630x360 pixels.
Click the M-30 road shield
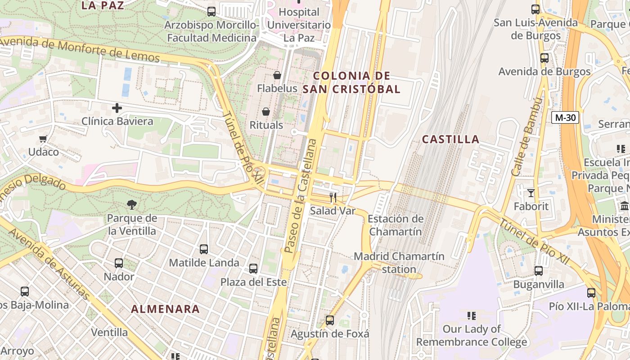[565, 117]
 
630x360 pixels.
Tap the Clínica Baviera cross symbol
[117, 108]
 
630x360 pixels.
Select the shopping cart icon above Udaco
[43, 139]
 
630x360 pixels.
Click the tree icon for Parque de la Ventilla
[132, 205]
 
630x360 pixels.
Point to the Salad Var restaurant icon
[333, 197]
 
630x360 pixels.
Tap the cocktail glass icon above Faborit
[531, 193]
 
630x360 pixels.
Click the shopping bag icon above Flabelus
[277, 75]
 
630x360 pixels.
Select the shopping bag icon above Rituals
[266, 112]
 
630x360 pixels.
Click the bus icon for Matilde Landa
[204, 249]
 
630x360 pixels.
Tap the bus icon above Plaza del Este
[253, 269]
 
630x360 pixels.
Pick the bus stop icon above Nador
[119, 263]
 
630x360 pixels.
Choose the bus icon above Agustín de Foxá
[330, 320]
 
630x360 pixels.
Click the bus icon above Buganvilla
[539, 270]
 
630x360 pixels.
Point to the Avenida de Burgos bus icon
[544, 58]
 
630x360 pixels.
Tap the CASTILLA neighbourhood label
[450, 139]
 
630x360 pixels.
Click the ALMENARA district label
[165, 309]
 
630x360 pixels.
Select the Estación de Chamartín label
[396, 225]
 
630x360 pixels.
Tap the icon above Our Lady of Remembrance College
[471, 316]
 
